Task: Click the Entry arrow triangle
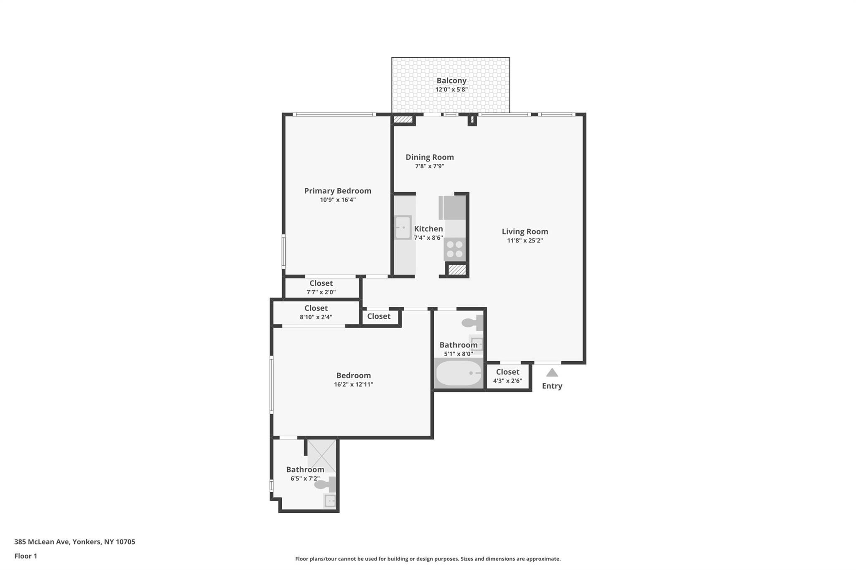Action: [552, 372]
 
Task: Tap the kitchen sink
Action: [403, 227]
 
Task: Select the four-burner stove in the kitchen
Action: [455, 249]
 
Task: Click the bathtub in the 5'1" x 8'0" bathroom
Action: [459, 373]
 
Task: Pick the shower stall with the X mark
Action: [322, 455]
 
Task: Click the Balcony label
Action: [451, 81]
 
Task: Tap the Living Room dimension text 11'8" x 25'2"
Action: [525, 241]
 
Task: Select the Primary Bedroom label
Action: [338, 191]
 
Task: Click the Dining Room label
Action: [430, 157]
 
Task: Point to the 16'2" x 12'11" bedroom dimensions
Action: [354, 385]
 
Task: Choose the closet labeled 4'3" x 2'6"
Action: [507, 376]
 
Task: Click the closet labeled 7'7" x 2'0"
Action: [321, 287]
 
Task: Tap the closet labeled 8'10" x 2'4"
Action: [316, 312]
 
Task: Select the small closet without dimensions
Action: [379, 317]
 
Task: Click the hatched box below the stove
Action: [457, 270]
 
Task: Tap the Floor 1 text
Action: [26, 556]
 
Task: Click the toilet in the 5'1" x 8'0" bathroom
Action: [472, 323]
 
